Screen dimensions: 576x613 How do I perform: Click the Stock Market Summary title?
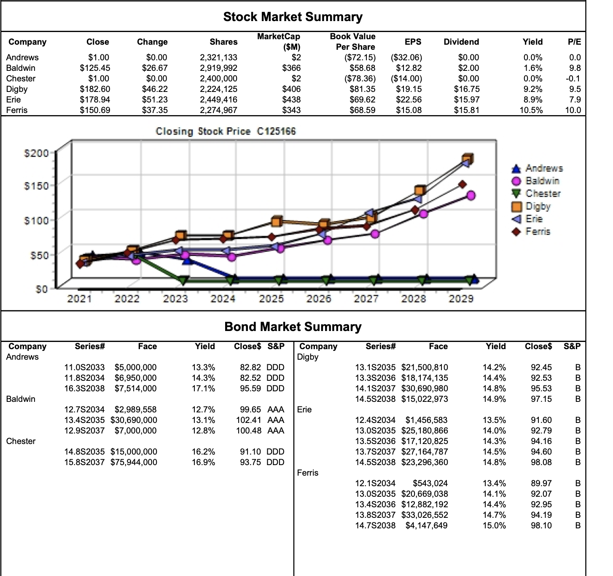(293, 17)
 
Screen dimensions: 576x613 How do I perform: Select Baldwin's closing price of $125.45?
(95, 68)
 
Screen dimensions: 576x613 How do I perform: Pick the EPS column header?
(413, 42)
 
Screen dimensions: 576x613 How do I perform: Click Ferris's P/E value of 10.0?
(573, 110)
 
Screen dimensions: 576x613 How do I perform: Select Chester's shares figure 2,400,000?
(218, 78)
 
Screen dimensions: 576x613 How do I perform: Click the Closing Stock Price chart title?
(226, 131)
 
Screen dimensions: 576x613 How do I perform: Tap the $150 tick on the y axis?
(37, 186)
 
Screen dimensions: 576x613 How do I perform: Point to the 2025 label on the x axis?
(271, 299)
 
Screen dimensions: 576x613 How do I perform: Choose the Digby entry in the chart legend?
(538, 206)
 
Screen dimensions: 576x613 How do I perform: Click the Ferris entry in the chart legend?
(538, 231)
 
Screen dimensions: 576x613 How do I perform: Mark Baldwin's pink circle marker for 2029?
(471, 195)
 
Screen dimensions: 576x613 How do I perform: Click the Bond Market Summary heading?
(293, 327)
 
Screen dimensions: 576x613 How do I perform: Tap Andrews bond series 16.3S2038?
(84, 388)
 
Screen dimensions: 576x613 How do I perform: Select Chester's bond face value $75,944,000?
(134, 462)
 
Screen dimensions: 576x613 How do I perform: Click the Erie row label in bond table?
(304, 409)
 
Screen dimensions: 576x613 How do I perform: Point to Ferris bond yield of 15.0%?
(494, 525)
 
